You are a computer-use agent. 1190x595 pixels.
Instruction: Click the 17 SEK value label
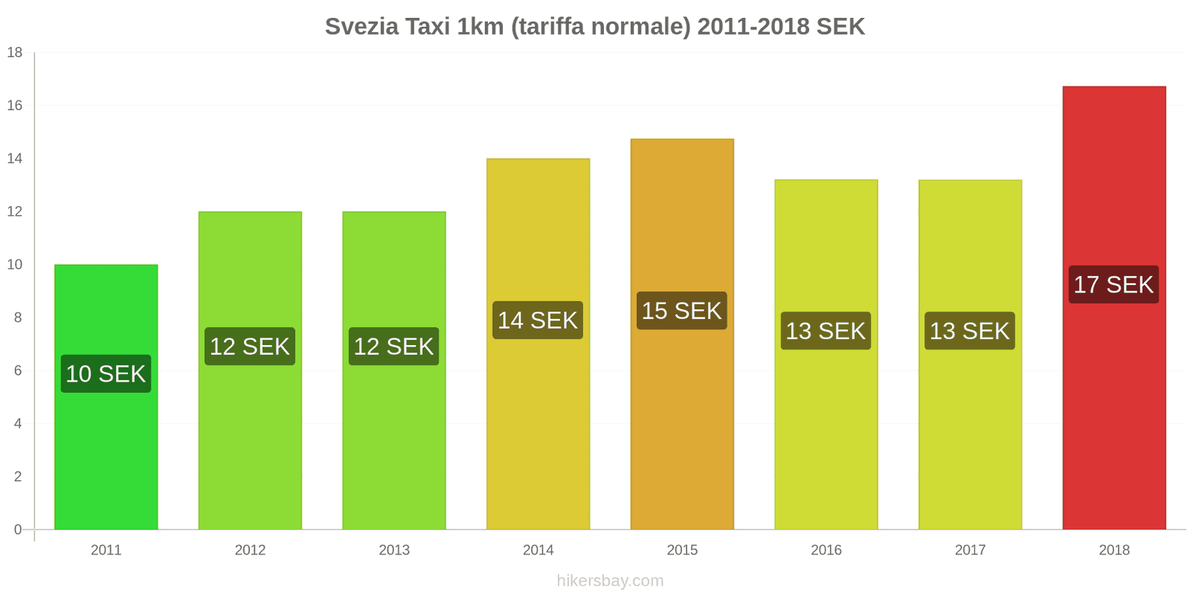pyautogui.click(x=1113, y=285)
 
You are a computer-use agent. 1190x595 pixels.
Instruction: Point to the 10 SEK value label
pyautogui.click(x=106, y=373)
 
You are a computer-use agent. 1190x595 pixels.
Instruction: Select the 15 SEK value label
pyautogui.click(x=682, y=311)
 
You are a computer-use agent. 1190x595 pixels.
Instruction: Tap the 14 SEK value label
pyautogui.click(x=538, y=321)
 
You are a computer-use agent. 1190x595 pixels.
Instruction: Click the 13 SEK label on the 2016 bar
pyautogui.click(x=826, y=331)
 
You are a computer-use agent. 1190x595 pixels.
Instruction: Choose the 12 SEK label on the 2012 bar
pyautogui.click(x=250, y=347)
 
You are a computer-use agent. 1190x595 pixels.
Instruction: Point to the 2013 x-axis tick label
pyautogui.click(x=394, y=550)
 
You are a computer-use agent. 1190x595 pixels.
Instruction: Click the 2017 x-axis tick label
pyautogui.click(x=970, y=550)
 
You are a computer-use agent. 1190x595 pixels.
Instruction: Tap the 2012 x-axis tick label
pyautogui.click(x=250, y=550)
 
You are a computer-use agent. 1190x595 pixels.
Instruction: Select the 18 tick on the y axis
pyautogui.click(x=15, y=52)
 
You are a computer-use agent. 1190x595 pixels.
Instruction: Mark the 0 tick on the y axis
pyautogui.click(x=18, y=530)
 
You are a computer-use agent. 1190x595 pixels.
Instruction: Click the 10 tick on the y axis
pyautogui.click(x=15, y=264)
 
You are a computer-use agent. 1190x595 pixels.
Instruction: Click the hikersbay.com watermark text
pyautogui.click(x=610, y=581)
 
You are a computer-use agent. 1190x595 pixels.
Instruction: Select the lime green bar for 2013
pyautogui.click(x=394, y=446)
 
